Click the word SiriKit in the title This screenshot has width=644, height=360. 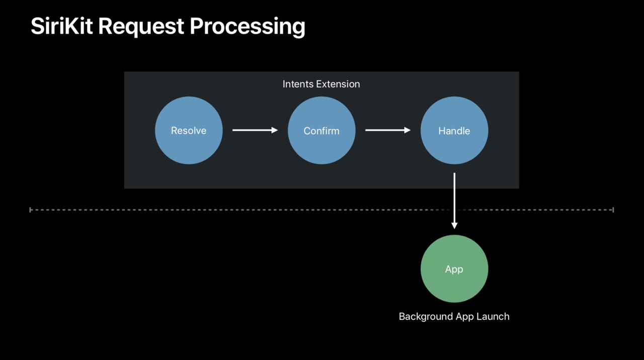(62, 26)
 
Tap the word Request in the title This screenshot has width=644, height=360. (141, 27)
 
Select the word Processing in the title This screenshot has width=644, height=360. (247, 27)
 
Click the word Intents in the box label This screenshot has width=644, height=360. (298, 84)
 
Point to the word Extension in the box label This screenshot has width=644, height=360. (338, 84)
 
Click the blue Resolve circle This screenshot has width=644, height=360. (189, 130)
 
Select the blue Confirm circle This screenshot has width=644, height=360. (321, 130)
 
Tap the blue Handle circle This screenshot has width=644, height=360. (454, 130)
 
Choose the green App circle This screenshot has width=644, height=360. (454, 268)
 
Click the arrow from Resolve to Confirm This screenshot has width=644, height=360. (255, 130)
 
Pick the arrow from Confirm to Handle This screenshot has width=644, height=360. (388, 130)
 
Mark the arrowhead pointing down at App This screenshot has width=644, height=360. (454, 226)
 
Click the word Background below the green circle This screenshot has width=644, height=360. (426, 317)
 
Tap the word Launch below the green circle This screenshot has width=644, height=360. (493, 317)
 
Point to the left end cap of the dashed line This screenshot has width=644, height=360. (30, 210)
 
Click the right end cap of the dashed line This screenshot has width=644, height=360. (613, 210)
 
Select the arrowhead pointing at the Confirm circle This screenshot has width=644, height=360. (275, 130)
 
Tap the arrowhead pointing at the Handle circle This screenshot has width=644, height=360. (408, 130)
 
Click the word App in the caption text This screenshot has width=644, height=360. (464, 317)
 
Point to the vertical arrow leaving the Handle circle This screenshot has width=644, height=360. (454, 201)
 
